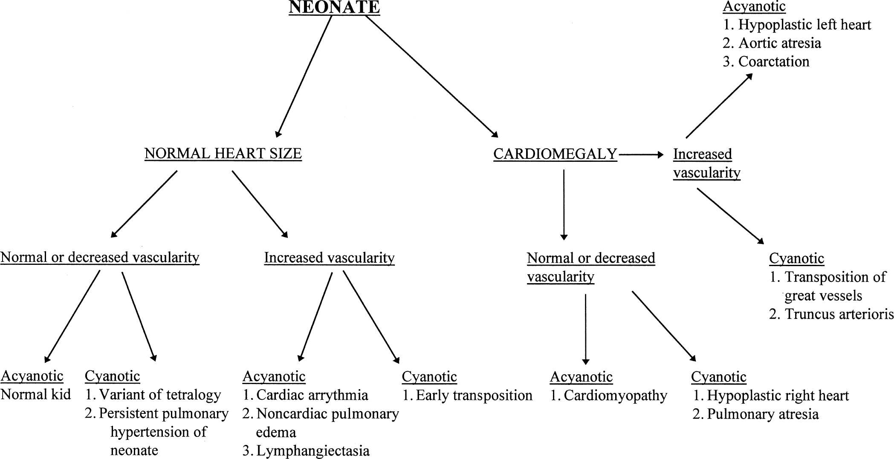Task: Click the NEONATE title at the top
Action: click(x=334, y=8)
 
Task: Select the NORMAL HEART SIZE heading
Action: click(x=223, y=153)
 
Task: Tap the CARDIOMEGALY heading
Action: click(x=555, y=154)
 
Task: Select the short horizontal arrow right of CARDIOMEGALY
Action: click(x=641, y=155)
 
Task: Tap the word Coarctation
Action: click(x=773, y=62)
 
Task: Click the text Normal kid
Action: click(x=36, y=395)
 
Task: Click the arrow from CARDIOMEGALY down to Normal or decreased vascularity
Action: click(x=564, y=204)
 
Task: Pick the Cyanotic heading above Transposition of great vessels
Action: click(x=796, y=258)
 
